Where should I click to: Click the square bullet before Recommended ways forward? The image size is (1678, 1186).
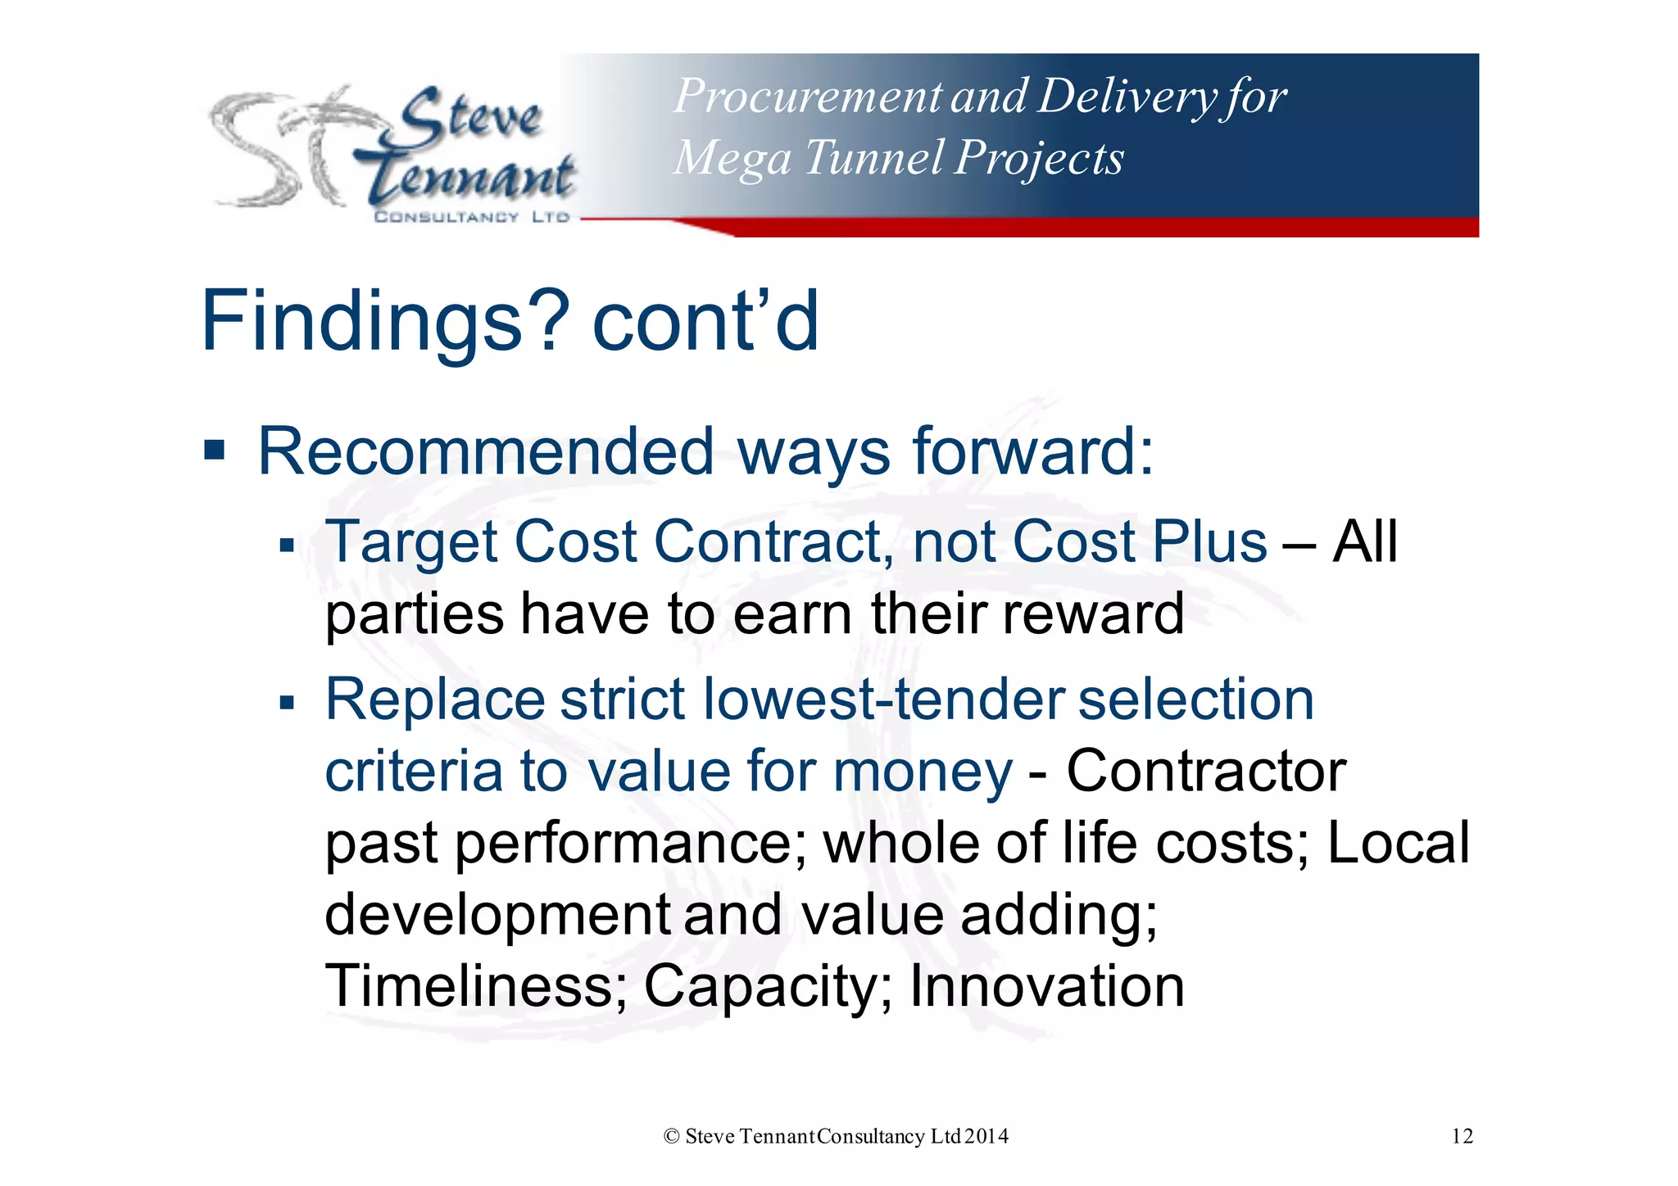click(x=215, y=450)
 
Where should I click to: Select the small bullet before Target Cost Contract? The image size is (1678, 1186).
click(x=286, y=545)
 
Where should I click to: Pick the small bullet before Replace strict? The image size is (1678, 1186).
click(x=286, y=702)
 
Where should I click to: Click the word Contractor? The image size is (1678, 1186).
click(x=1205, y=771)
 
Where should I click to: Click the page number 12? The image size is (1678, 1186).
click(x=1462, y=1136)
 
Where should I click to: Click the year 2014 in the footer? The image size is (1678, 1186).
click(x=986, y=1136)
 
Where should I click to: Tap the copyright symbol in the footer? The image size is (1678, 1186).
click(x=672, y=1136)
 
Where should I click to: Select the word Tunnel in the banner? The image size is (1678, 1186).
click(x=873, y=157)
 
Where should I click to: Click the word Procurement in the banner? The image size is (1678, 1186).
click(x=808, y=96)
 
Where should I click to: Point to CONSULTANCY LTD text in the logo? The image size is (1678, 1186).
click(x=471, y=217)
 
